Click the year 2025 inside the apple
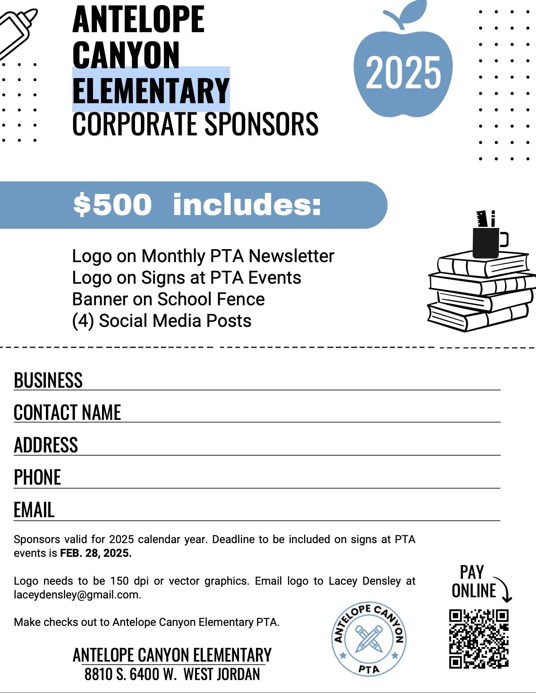click(x=403, y=72)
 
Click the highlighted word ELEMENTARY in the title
click(x=151, y=91)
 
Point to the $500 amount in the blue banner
click(x=113, y=205)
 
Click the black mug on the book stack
click(x=486, y=243)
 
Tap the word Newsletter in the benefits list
click(x=292, y=256)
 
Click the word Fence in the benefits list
click(x=243, y=299)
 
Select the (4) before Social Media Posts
click(x=83, y=321)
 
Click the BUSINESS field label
click(x=48, y=380)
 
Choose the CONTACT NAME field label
click(x=67, y=412)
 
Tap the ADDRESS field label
click(x=46, y=445)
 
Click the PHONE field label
click(x=38, y=478)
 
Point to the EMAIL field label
click(x=34, y=510)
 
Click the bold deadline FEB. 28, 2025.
click(x=96, y=553)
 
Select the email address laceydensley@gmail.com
click(x=77, y=595)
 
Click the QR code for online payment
click(x=479, y=638)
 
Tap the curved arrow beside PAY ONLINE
click(x=503, y=589)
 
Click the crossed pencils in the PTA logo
click(x=369, y=639)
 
